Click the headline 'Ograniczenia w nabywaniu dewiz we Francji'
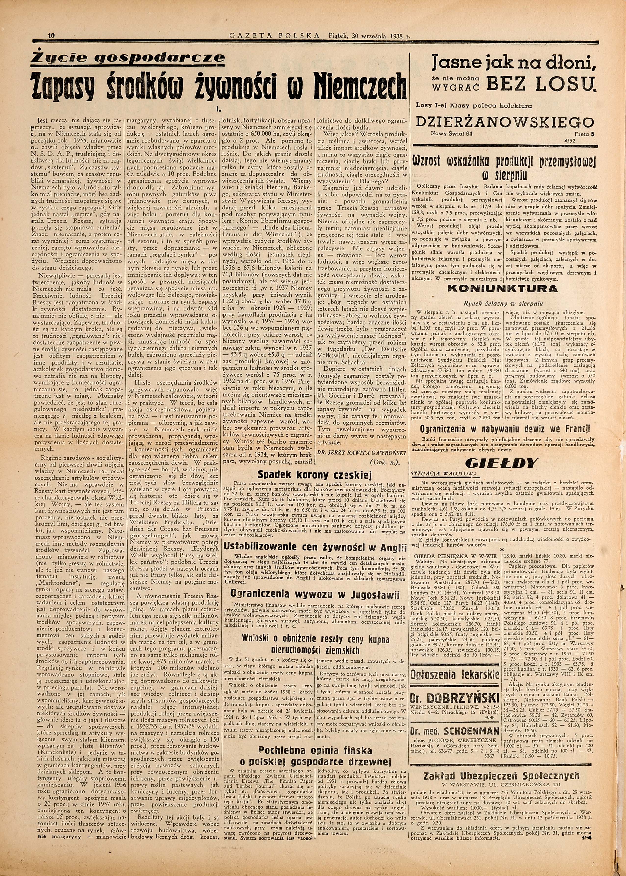[506, 429]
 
